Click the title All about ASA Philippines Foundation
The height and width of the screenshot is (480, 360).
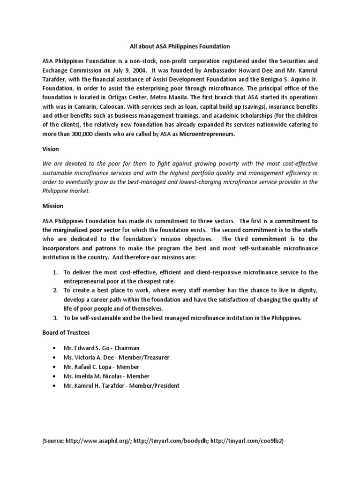(x=180, y=46)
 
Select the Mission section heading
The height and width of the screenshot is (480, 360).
(x=53, y=206)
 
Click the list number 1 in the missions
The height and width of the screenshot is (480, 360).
(x=55, y=272)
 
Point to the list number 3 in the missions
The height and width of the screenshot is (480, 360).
(x=55, y=318)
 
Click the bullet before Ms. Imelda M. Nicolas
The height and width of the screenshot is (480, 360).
(x=55, y=376)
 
